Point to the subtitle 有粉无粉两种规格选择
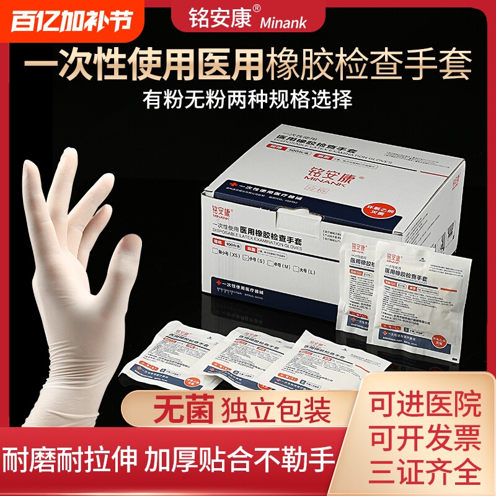(x=247, y=99)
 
